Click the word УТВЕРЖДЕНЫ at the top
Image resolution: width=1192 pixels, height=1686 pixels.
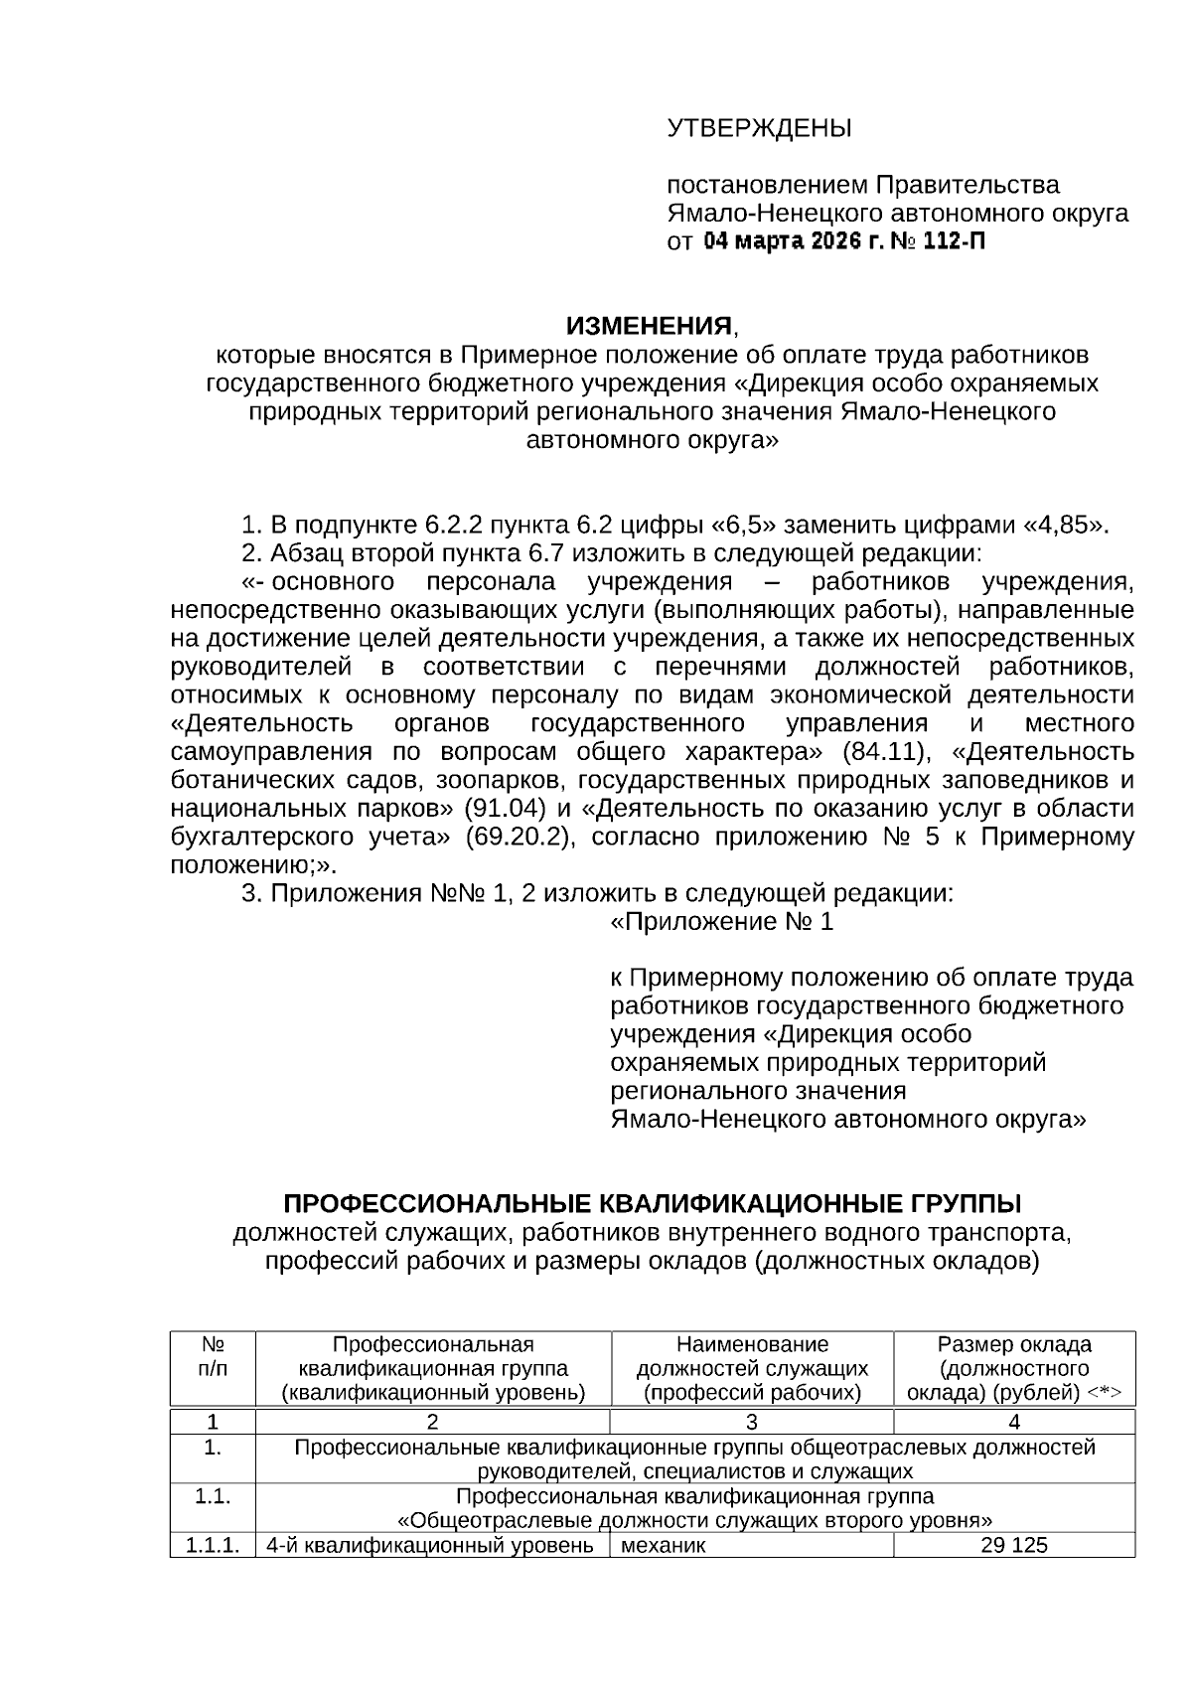click(x=759, y=128)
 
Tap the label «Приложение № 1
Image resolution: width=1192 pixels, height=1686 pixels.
click(x=722, y=922)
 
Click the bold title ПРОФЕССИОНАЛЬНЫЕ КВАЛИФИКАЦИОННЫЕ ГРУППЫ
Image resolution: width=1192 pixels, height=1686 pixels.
click(x=653, y=1204)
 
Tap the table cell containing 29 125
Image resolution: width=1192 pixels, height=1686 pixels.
click(x=1014, y=1546)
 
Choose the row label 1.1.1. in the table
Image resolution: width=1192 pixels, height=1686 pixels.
click(x=213, y=1546)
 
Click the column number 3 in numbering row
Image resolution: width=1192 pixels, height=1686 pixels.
click(x=752, y=1423)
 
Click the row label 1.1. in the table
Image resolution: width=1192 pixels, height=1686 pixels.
click(x=213, y=1497)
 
